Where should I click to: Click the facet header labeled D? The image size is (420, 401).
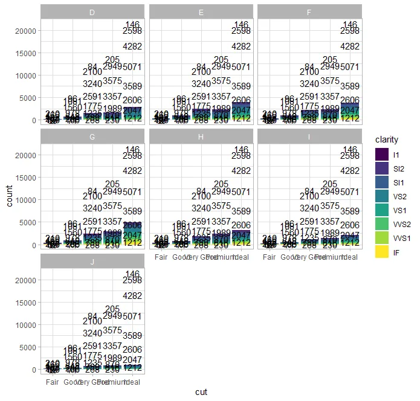coord(92,11)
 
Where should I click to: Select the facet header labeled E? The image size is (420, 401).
coord(201,11)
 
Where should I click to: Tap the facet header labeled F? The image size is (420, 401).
coord(309,11)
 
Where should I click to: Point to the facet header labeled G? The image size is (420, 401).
coord(92,136)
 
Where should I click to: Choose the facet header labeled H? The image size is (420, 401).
coord(201,136)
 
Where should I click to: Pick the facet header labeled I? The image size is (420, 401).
coord(309,136)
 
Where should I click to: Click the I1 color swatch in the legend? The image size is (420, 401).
coord(382,155)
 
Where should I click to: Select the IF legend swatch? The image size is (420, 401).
coord(382,253)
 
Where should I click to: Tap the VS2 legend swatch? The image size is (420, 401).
coord(382,197)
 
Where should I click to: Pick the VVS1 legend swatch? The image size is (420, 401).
coord(382,239)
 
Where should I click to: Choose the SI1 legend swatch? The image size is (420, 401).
coord(382,183)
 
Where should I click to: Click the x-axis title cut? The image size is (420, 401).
coord(201,392)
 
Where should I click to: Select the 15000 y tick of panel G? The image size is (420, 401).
coord(27,178)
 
